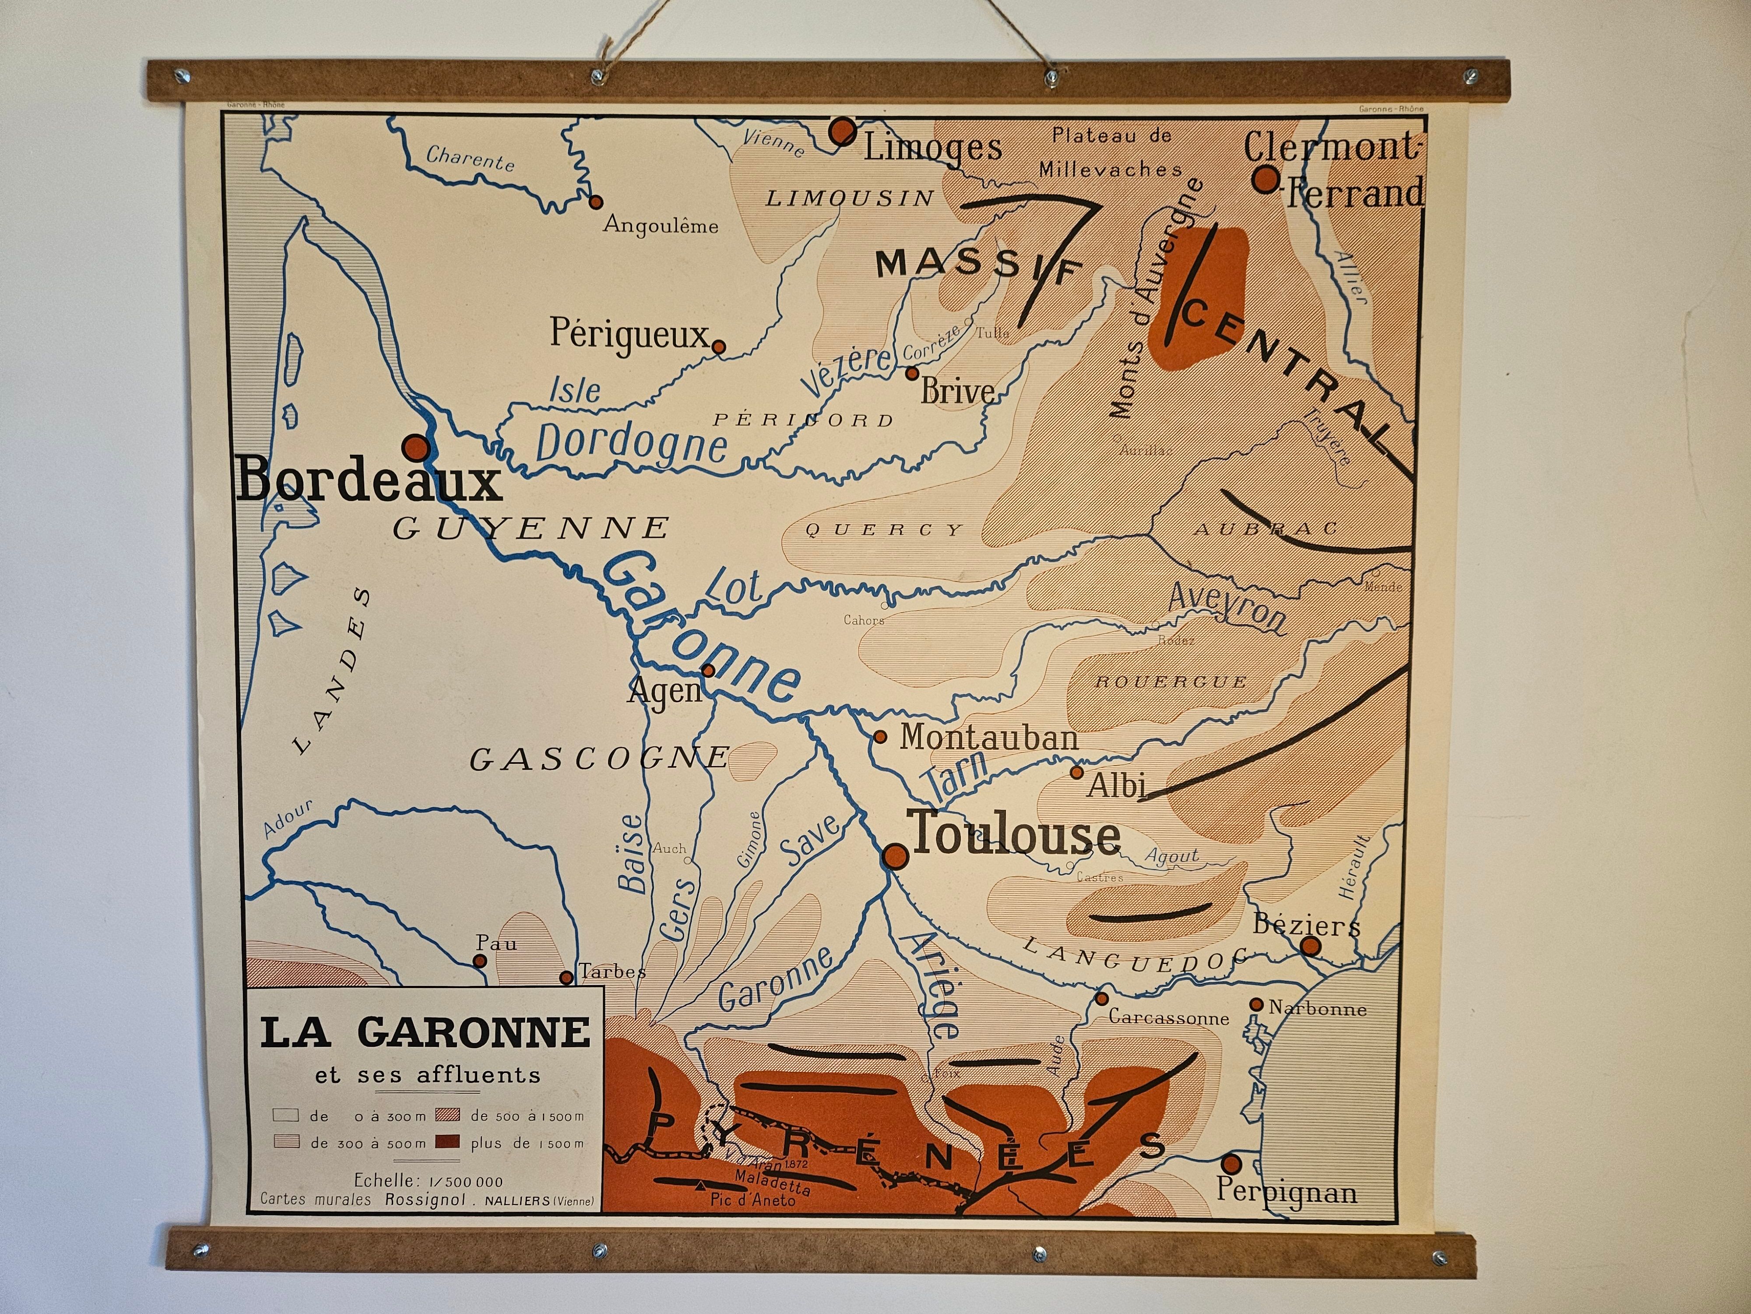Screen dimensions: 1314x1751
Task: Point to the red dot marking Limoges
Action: [842, 131]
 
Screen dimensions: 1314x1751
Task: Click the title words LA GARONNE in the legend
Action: [425, 1032]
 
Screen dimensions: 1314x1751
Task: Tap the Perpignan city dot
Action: [1231, 1163]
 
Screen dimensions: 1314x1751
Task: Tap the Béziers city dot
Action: [1311, 946]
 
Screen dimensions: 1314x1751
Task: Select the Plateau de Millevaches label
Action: [1111, 152]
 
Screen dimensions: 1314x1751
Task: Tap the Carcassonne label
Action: [1168, 1018]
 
